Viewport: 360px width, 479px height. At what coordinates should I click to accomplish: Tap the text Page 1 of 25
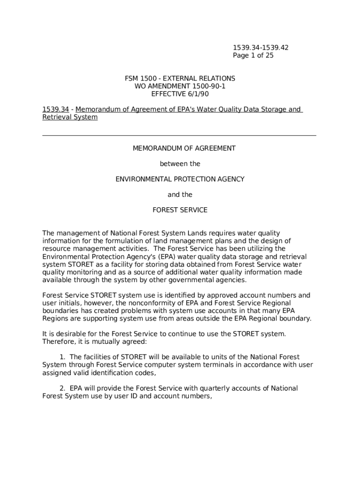(253, 56)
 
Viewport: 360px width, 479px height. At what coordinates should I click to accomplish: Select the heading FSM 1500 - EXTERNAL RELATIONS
(180, 79)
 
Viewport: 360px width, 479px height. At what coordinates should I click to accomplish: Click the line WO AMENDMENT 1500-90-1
(180, 86)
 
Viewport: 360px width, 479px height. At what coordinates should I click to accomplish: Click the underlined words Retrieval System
(70, 117)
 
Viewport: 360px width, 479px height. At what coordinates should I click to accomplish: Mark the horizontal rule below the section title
(179, 136)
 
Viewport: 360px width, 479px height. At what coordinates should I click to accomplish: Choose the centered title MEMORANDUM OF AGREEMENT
(184, 148)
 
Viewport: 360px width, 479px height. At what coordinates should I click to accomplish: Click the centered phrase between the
(180, 164)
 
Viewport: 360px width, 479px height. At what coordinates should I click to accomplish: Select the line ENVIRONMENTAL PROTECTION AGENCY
(180, 179)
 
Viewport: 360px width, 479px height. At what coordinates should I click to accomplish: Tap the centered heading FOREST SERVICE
(180, 210)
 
